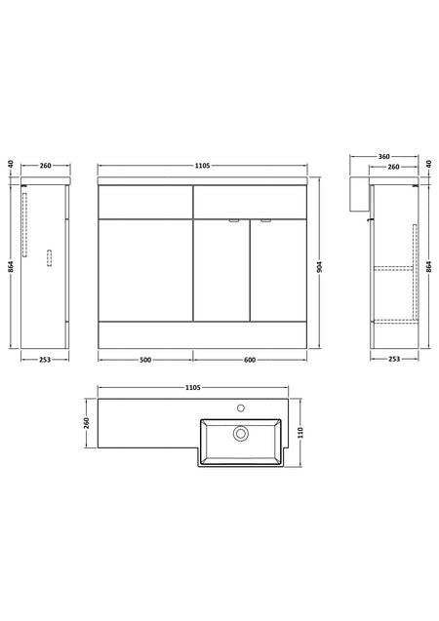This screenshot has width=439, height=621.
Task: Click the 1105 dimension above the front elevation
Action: pos(202,166)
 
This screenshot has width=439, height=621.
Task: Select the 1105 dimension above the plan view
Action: pos(193,388)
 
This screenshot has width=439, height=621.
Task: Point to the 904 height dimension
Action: pos(320,266)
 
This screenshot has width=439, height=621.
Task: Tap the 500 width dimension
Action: pos(145,360)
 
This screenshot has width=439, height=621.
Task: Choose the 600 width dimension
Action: pos(250,360)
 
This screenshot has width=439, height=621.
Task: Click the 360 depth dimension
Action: pos(384,156)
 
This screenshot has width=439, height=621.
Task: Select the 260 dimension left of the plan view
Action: pos(87,423)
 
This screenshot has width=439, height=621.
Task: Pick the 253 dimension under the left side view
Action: pos(45,360)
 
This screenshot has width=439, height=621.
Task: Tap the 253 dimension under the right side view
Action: pos(394,359)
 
